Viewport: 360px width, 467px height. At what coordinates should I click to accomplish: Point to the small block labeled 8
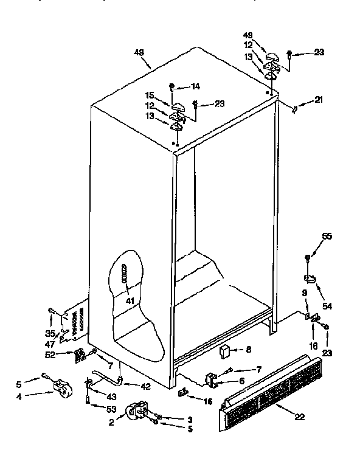point(224,351)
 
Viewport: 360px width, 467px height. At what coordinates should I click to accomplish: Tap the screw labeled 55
point(308,258)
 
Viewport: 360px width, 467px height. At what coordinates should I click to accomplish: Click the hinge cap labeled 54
point(311,279)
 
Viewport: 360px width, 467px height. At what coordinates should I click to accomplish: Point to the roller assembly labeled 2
point(136,412)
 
